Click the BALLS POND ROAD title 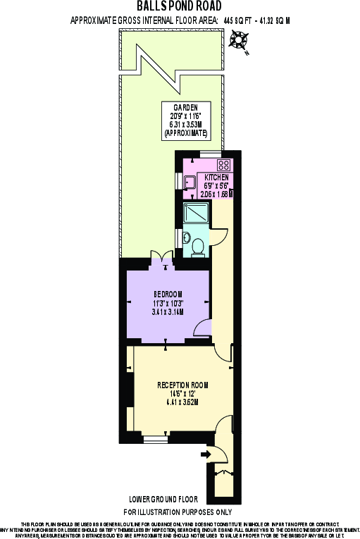pyautogui.click(x=180, y=7)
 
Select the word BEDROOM pyautogui.click(x=168, y=293)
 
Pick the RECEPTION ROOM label pyautogui.click(x=183, y=385)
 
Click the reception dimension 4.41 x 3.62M pyautogui.click(x=183, y=402)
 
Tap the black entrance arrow pyautogui.click(x=206, y=454)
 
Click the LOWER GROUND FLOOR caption pyautogui.click(x=179, y=497)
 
